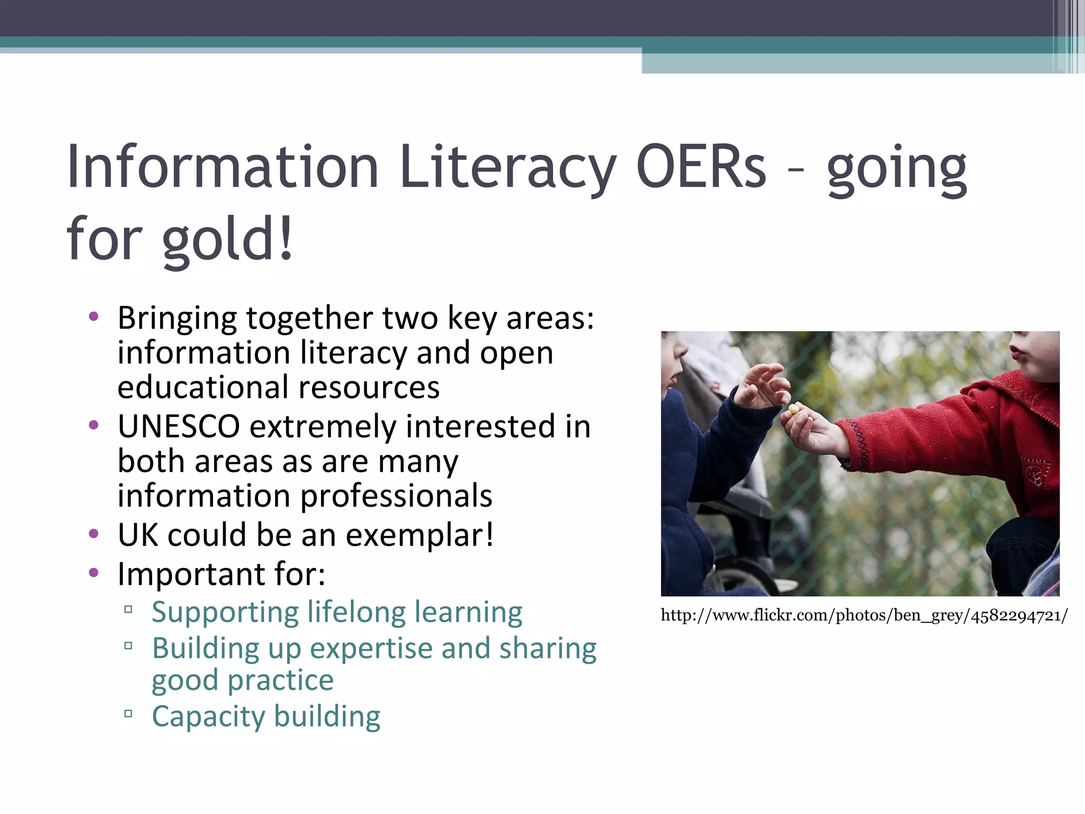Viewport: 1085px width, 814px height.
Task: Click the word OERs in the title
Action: (700, 167)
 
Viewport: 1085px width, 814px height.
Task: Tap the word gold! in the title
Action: (228, 240)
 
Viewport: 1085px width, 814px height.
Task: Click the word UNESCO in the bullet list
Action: (179, 427)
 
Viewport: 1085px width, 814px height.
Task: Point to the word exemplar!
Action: (420, 535)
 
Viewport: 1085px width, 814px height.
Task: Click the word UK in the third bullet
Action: (138, 535)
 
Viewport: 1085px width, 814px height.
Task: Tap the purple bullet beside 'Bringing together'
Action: (94, 317)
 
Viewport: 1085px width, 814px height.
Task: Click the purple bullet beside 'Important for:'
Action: (94, 572)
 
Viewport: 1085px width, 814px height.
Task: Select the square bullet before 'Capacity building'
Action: (128, 713)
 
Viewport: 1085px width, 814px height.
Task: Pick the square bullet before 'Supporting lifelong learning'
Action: (128, 609)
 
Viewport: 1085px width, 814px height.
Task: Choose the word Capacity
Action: (208, 716)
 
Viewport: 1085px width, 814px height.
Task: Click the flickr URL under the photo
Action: (864, 616)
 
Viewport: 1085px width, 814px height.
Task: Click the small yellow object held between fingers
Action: (794, 409)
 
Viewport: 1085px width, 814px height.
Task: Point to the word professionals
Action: (396, 496)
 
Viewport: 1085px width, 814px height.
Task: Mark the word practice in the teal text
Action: (280, 680)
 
